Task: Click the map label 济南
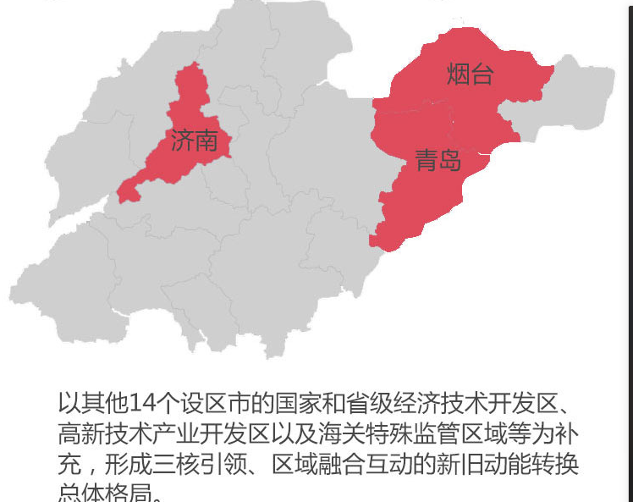(194, 141)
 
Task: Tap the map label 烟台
(470, 74)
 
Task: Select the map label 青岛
(438, 159)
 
